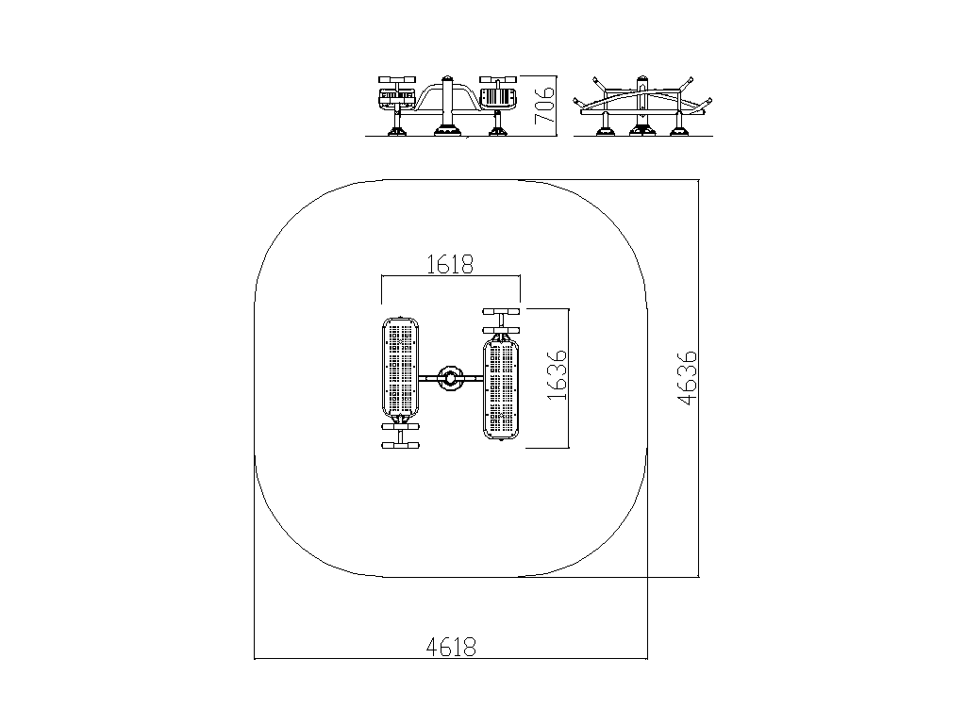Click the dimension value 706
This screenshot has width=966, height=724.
tap(544, 106)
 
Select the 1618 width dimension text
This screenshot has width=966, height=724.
tap(450, 265)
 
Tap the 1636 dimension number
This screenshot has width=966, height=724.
tap(557, 375)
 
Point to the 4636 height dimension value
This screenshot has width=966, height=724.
tap(687, 378)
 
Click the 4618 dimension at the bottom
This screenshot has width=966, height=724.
tap(451, 647)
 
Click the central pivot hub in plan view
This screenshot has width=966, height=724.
tap(450, 378)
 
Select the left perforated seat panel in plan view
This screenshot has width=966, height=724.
tap(400, 370)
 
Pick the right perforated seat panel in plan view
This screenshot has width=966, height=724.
tap(501, 387)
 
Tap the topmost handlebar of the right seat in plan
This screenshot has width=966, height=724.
tap(502, 311)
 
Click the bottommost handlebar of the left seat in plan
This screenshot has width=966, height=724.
tap(400, 445)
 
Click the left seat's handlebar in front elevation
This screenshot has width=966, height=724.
tap(397, 79)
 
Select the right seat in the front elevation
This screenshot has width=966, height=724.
tap(497, 98)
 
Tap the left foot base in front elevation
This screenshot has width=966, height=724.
tap(396, 130)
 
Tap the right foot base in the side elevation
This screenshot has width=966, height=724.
tap(680, 130)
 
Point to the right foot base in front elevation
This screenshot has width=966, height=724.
tap(498, 130)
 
